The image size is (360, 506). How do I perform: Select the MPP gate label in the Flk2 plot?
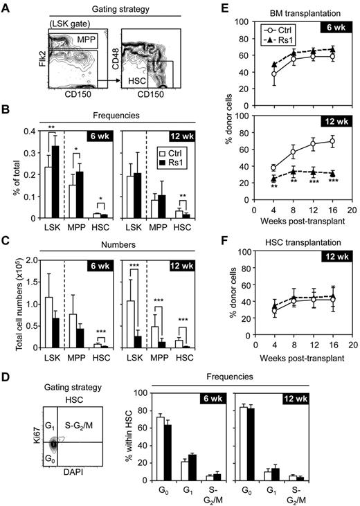point(87,40)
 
